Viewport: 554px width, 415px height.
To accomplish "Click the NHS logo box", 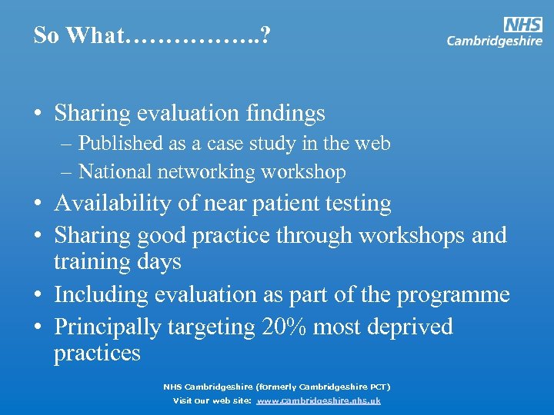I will (x=523, y=24).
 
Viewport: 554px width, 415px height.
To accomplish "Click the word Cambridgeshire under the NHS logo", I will (x=494, y=41).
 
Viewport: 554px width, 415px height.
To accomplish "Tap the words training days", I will (x=117, y=261).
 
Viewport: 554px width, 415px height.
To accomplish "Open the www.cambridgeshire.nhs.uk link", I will (x=319, y=400).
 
